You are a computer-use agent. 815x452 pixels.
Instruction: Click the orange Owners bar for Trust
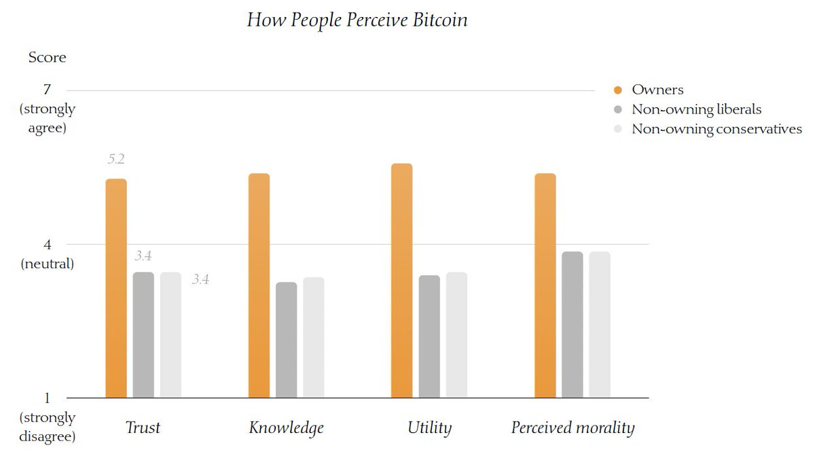click(x=116, y=288)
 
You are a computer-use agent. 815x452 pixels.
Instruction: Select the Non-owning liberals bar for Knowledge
click(x=286, y=340)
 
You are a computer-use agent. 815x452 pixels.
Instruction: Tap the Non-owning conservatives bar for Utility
click(x=456, y=334)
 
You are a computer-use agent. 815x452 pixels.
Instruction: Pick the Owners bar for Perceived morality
click(x=545, y=285)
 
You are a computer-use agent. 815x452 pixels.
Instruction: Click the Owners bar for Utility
click(x=401, y=281)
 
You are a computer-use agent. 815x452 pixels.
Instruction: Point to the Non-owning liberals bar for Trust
click(x=143, y=334)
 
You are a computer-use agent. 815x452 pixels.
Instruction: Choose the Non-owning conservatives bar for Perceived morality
click(x=600, y=324)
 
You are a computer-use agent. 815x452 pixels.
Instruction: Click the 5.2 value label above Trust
click(x=116, y=160)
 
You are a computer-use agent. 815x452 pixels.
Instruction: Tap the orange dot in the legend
click(x=618, y=90)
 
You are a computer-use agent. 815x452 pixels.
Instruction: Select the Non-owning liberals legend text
click(x=696, y=109)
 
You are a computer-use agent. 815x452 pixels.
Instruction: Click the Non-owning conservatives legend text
click(x=717, y=129)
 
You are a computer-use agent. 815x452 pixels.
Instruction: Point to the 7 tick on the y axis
click(x=47, y=90)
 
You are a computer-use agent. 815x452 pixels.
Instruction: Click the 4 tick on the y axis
click(x=47, y=244)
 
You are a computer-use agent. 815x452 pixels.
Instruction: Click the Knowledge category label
click(x=286, y=428)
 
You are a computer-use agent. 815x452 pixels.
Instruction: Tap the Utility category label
click(x=429, y=428)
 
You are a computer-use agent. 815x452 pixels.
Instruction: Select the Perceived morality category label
click(x=573, y=428)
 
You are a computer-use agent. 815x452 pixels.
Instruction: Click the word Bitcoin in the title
click(x=438, y=20)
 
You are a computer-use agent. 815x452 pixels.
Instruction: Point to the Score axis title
click(x=47, y=57)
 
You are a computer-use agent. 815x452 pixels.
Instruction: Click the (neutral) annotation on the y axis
click(x=47, y=263)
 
